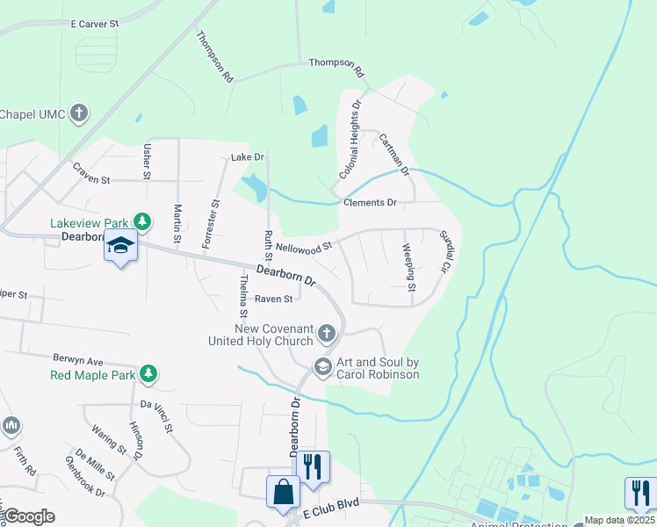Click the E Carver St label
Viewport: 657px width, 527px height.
[94, 25]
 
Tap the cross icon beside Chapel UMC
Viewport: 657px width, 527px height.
[79, 113]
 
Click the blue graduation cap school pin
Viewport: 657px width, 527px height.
[120, 247]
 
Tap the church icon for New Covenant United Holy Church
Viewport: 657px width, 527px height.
[327, 333]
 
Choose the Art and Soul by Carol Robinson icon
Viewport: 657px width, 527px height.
[322, 367]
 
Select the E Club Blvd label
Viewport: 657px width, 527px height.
[331, 510]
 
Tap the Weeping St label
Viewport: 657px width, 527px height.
[408, 269]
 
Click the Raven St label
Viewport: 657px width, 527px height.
[273, 299]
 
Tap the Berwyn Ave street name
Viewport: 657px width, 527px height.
[78, 361]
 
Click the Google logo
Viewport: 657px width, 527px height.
[29, 516]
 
